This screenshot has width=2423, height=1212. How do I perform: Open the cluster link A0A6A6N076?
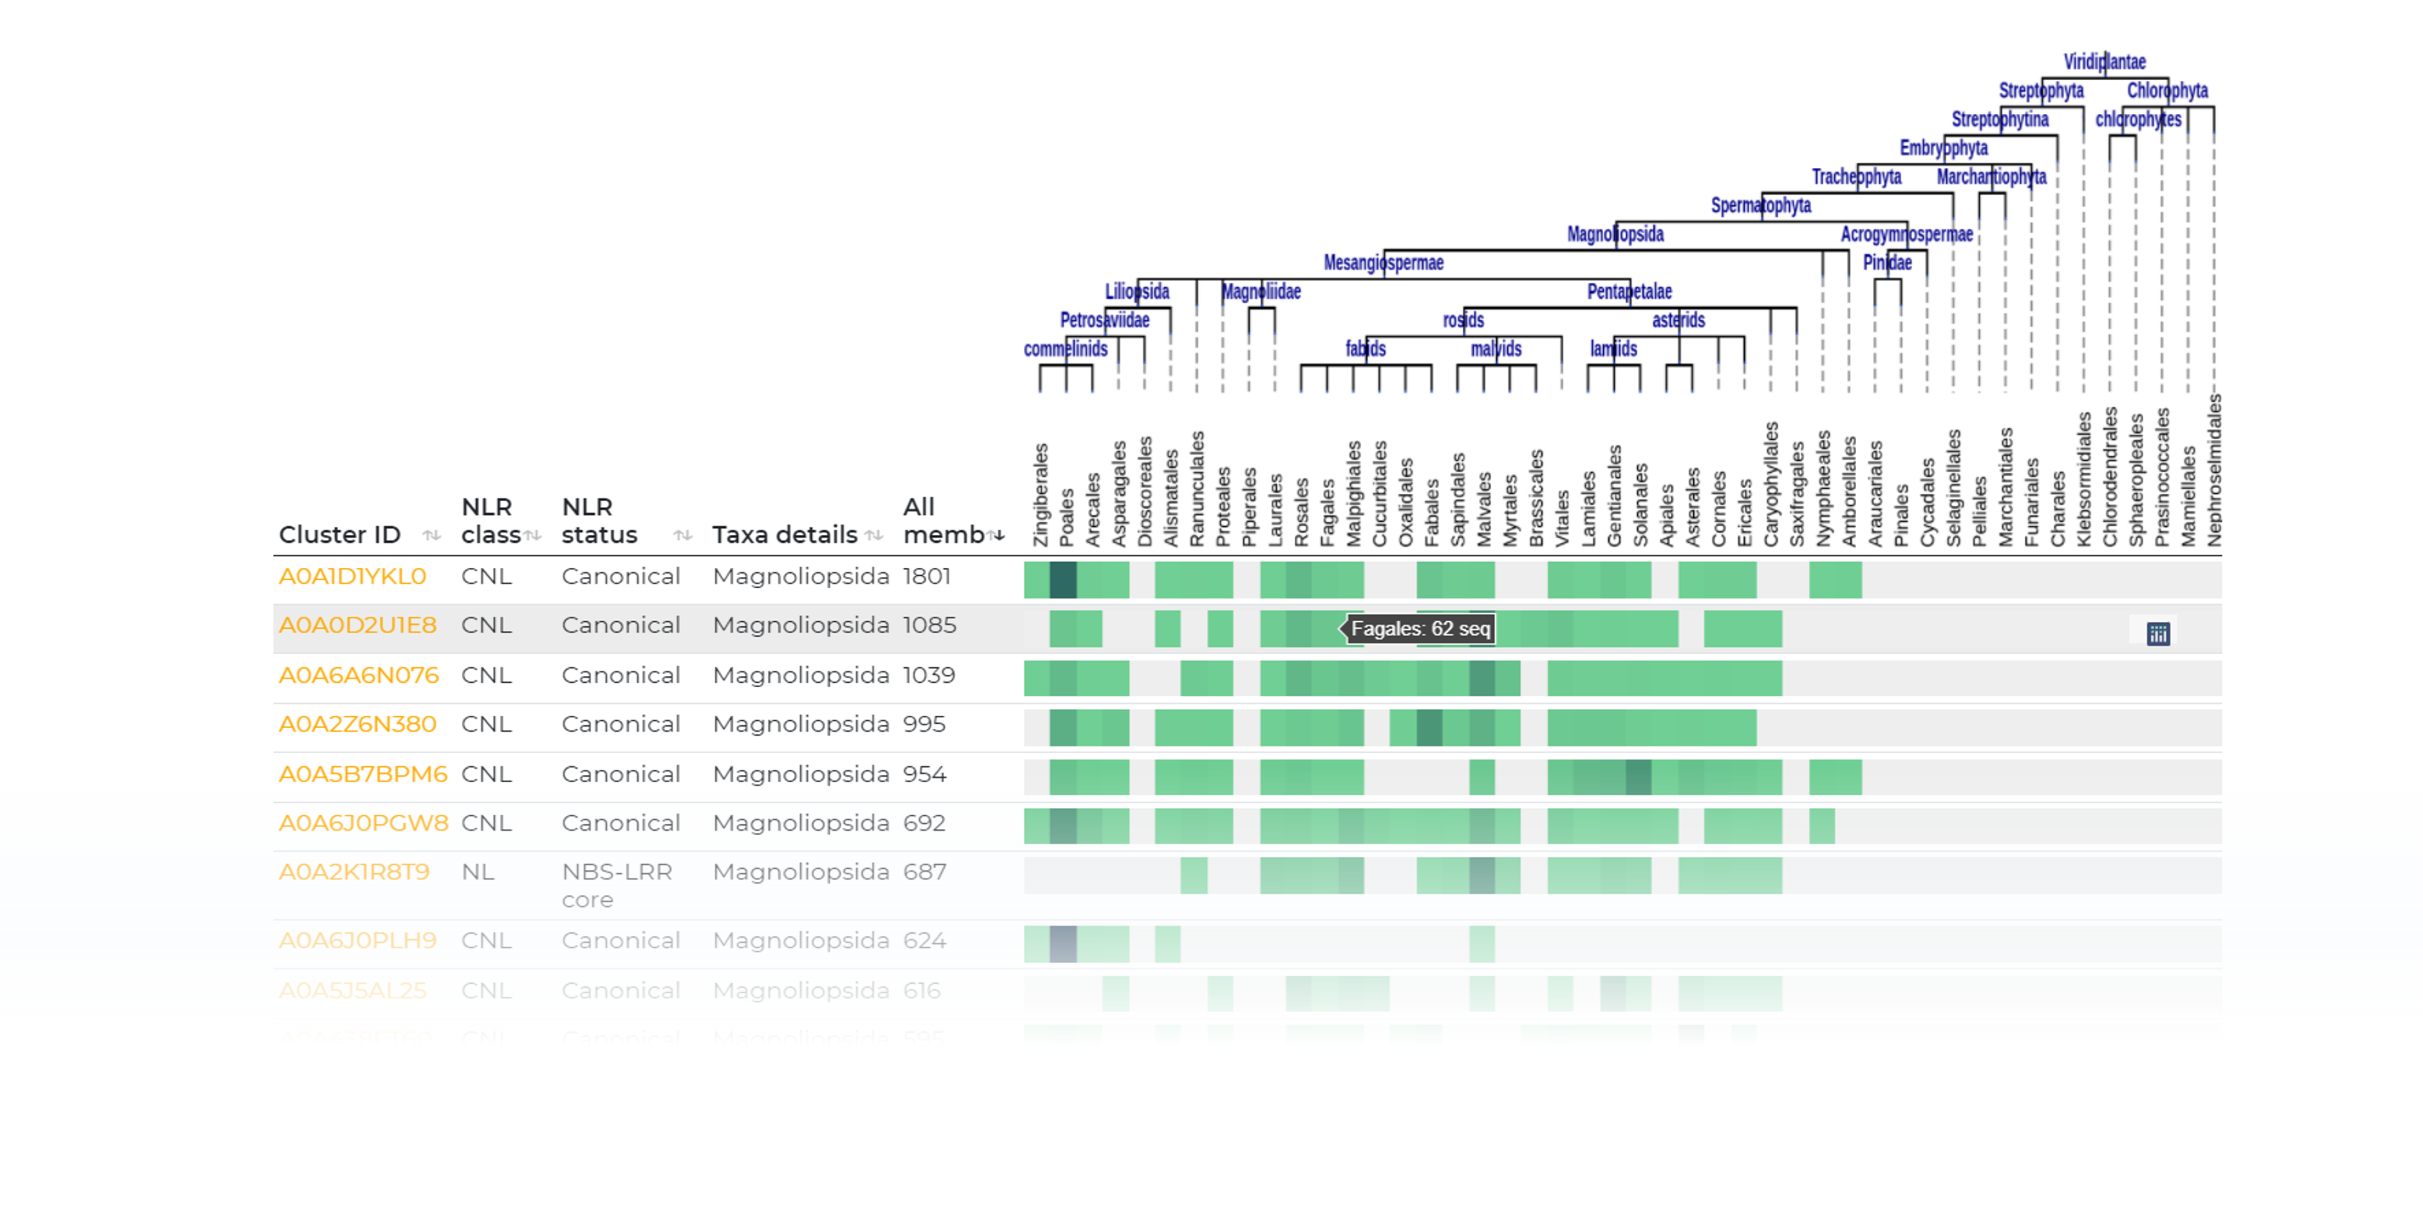pyautogui.click(x=359, y=675)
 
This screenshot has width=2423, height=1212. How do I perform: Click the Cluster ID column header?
pyautogui.click(x=339, y=534)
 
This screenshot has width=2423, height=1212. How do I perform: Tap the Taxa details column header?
pyautogui.click(x=784, y=534)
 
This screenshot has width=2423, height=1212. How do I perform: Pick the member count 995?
pyautogui.click(x=924, y=724)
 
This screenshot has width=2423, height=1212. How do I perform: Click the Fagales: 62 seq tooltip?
pyautogui.click(x=1420, y=629)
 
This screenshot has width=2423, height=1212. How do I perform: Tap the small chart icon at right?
pyautogui.click(x=2158, y=633)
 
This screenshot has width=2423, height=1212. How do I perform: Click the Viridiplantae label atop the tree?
pyautogui.click(x=2104, y=62)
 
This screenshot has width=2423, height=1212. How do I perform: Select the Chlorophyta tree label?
pyautogui.click(x=2167, y=90)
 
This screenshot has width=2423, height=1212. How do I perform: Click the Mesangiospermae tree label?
pyautogui.click(x=1382, y=262)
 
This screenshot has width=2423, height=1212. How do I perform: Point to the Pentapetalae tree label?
pyautogui.click(x=1629, y=292)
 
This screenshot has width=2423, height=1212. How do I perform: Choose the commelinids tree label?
pyautogui.click(x=1065, y=349)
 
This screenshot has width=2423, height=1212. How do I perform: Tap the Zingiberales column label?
pyautogui.click(x=1041, y=494)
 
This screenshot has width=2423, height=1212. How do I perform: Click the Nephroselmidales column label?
pyautogui.click(x=2214, y=471)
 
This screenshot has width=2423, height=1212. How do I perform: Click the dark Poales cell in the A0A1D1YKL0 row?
pyautogui.click(x=1063, y=580)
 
